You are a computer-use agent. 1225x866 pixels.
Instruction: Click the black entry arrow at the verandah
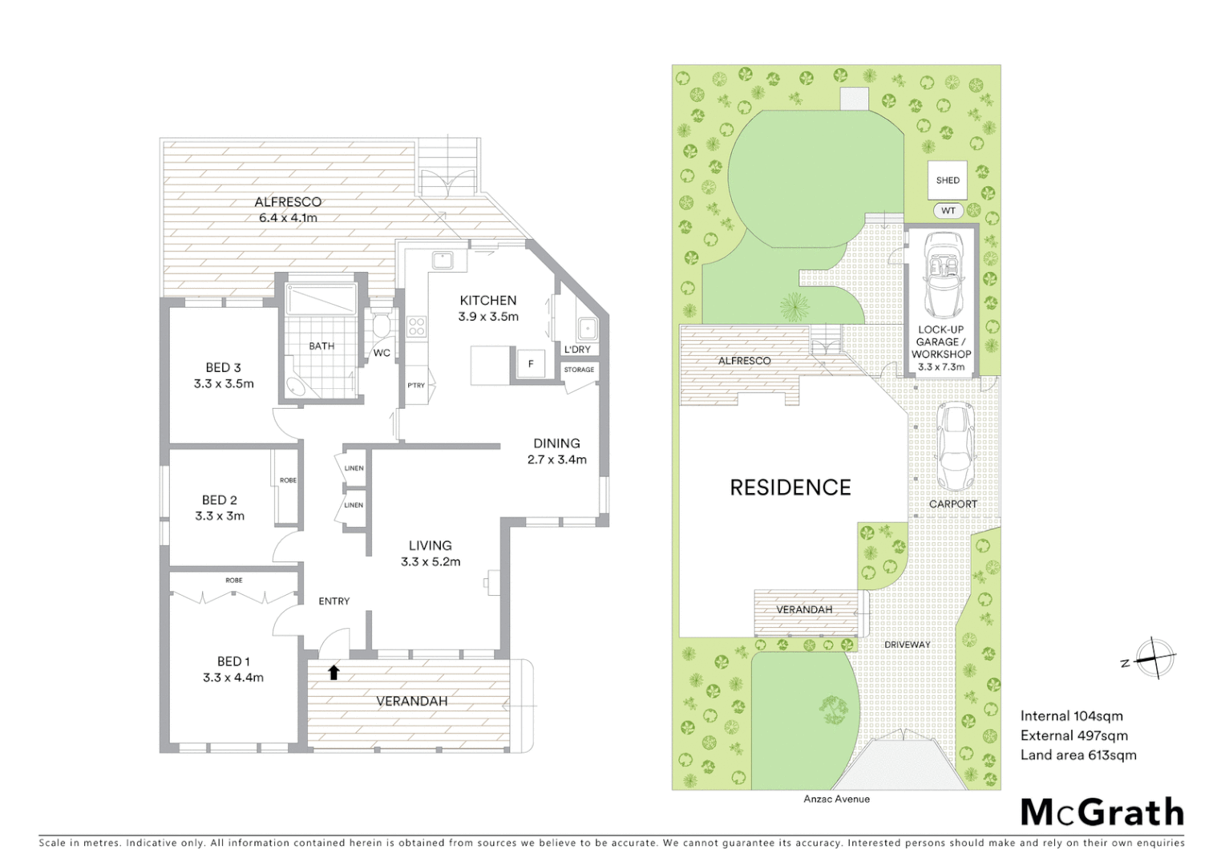pos(334,672)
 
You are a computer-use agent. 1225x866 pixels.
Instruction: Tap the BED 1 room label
pos(233,662)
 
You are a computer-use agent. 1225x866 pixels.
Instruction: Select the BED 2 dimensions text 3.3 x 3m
pos(220,516)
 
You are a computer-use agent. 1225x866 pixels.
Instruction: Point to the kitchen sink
pos(442,260)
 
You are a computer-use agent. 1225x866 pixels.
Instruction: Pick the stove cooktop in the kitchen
pos(417,326)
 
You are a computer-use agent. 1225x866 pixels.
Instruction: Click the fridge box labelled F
pos(530,363)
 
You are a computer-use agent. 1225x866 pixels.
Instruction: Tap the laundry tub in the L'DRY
pos(588,328)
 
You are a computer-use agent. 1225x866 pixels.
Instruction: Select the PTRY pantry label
pos(416,386)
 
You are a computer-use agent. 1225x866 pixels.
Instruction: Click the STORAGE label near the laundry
pos(579,370)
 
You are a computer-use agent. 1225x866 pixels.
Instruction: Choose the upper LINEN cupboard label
pos(354,468)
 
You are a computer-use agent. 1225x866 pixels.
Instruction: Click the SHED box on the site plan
pos(948,180)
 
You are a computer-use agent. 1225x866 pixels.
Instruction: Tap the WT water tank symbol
pos(948,211)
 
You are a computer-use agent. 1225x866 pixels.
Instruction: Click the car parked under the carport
pos(954,447)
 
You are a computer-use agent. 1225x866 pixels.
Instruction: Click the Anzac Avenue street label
pos(836,799)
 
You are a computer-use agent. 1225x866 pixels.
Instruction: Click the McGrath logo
pos(1102,812)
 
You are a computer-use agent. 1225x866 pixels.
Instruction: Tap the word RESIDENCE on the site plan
pos(790,488)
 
